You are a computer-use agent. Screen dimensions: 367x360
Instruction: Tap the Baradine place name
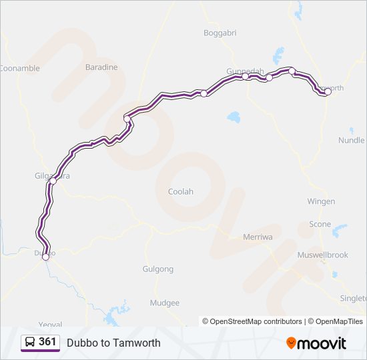(x=101, y=67)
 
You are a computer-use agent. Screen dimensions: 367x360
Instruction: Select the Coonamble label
(x=19, y=68)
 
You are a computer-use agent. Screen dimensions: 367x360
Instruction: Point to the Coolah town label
(x=180, y=191)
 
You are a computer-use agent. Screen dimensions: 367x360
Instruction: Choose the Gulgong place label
(x=158, y=269)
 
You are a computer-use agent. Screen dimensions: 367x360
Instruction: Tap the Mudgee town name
(x=165, y=303)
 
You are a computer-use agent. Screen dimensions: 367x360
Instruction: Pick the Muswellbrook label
(x=324, y=255)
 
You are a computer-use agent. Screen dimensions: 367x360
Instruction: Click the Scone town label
(x=320, y=224)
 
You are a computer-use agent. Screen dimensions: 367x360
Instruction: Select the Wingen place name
(x=321, y=201)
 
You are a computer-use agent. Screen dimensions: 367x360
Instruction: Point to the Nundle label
(x=352, y=141)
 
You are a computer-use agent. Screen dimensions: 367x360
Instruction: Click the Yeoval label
(x=50, y=324)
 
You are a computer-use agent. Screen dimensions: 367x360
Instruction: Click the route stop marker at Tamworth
(x=328, y=92)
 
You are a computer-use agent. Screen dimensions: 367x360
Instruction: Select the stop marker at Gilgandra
(x=53, y=181)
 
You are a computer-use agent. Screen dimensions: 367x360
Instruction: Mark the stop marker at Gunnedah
(x=246, y=77)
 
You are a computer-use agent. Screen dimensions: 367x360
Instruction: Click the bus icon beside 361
(x=30, y=343)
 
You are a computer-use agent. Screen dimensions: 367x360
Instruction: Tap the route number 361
(x=48, y=342)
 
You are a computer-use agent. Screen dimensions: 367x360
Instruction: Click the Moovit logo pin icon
(x=292, y=343)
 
